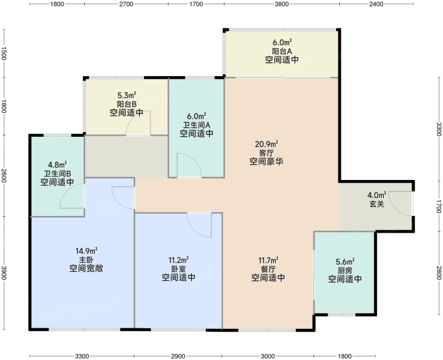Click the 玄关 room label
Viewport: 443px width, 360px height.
377,204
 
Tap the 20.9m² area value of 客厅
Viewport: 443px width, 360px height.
267,144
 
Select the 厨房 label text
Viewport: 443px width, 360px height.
345,270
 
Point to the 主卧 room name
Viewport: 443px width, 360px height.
86,259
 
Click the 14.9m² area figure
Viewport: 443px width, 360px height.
86,251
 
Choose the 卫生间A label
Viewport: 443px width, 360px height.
197,125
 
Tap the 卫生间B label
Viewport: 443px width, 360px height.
58,173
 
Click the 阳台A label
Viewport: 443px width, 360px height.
282,51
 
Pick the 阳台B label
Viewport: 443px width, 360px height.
127,104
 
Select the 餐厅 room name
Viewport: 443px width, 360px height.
268,269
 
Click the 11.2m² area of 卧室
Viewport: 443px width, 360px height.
178,259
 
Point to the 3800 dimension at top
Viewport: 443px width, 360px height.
282,4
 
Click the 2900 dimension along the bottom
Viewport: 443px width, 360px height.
178,356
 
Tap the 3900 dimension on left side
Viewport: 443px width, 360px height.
4,272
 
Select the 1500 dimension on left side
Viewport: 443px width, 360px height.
4,53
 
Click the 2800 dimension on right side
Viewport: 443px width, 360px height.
439,272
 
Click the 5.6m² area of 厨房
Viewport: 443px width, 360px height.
345,262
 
